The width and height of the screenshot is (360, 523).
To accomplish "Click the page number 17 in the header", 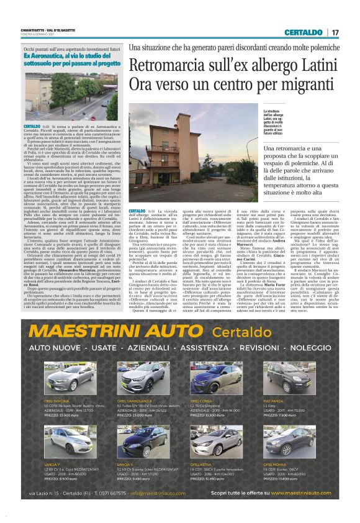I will click(x=335, y=32).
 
